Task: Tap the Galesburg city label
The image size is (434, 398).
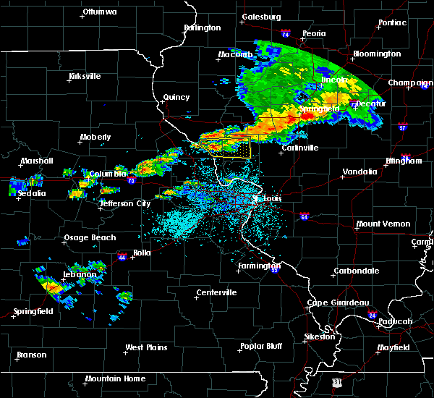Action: (260, 16)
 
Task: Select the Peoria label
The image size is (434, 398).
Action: (314, 33)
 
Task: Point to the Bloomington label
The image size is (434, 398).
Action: (376, 54)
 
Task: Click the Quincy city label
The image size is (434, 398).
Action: (176, 97)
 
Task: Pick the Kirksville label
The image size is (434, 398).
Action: (85, 76)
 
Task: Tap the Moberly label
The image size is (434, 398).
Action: (95, 137)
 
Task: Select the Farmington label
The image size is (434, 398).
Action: (258, 266)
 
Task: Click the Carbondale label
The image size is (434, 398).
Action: (356, 271)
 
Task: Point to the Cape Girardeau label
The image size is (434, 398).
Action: (339, 302)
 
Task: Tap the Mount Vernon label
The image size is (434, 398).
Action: (383, 224)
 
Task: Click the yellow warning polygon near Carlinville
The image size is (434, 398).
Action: (232, 148)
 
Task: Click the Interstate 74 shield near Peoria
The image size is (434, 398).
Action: (285, 34)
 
